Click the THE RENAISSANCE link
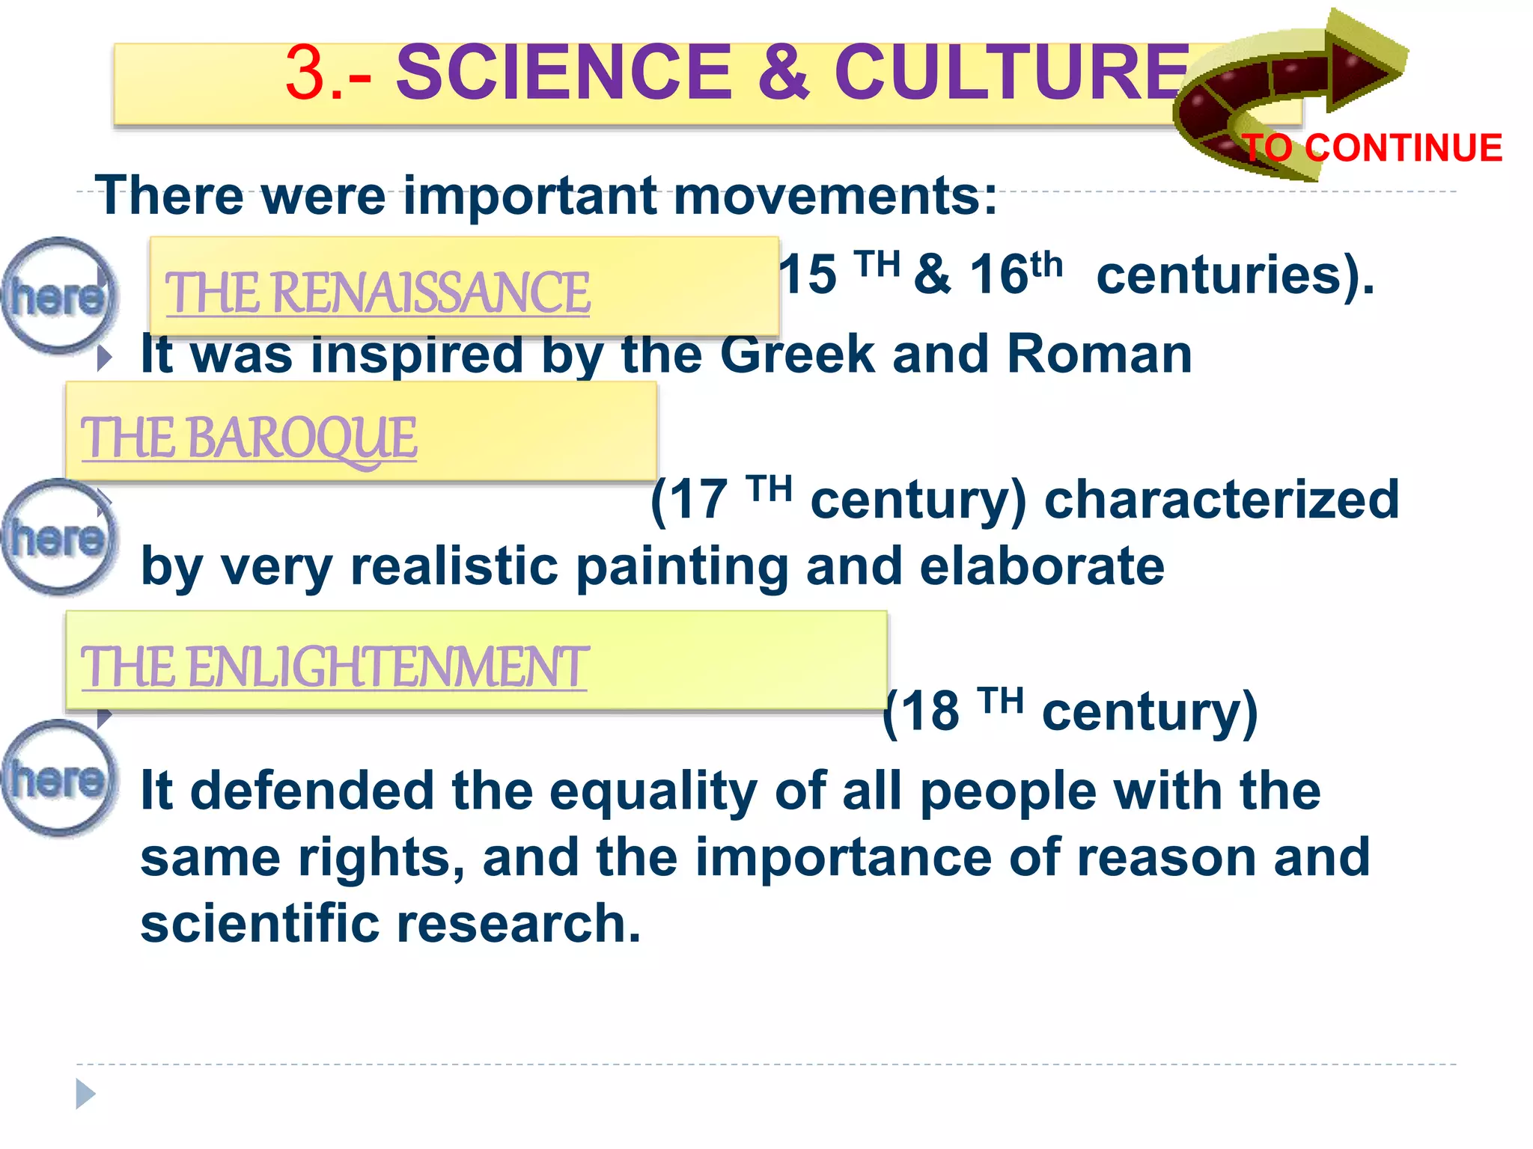coord(377,292)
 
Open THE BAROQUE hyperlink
coord(249,438)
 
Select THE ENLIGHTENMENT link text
coord(334,667)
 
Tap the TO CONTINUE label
coord(1372,148)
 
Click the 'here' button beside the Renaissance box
coord(57,296)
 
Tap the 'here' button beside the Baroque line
coord(57,538)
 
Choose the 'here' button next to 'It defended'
coord(57,779)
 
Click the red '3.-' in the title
coord(327,74)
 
